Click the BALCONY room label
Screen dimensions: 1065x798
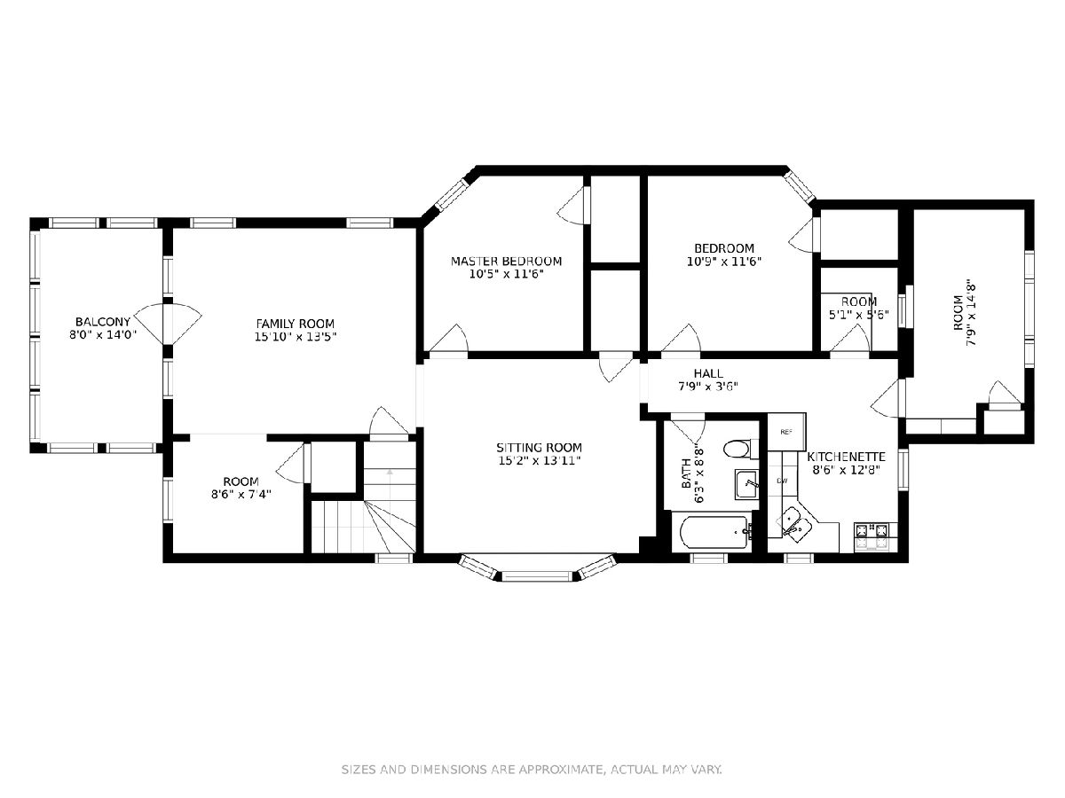coord(103,322)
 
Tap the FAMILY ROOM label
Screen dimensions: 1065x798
coord(295,324)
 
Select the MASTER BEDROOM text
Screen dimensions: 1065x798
coord(506,262)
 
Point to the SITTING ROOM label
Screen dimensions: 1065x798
coord(539,448)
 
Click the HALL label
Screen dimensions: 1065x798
coord(708,373)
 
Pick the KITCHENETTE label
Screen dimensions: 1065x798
coord(846,457)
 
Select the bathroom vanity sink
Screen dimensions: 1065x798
coord(746,484)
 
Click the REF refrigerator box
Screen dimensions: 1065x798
coord(786,432)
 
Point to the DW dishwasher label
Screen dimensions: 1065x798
coord(782,481)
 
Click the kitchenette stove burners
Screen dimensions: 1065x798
coord(875,536)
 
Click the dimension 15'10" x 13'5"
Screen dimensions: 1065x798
coord(296,337)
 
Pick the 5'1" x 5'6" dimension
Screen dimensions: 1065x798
coord(859,315)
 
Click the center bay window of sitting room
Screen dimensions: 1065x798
coord(537,576)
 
